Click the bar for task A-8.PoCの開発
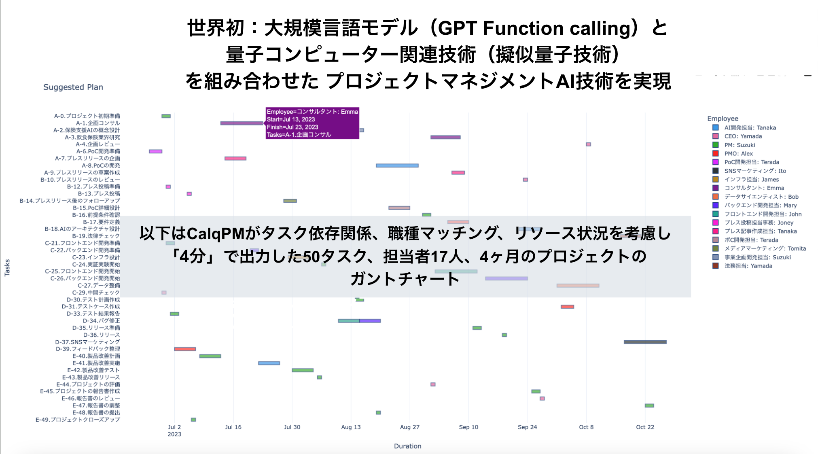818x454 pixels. [x=397, y=165]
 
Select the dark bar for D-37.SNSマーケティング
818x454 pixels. [x=645, y=342]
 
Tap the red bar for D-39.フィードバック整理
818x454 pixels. [x=185, y=349]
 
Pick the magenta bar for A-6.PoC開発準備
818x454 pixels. [x=155, y=151]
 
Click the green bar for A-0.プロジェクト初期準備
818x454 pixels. [x=166, y=116]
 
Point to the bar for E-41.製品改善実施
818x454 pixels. [x=269, y=363]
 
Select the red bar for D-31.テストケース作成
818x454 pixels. [x=567, y=307]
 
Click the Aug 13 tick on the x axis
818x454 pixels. [x=351, y=427]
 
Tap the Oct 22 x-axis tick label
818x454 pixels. [x=645, y=427]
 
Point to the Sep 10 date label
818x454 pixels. [x=468, y=427]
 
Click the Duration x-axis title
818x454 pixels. [x=407, y=446]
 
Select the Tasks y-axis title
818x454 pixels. [x=7, y=268]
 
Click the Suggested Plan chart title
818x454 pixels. [x=73, y=87]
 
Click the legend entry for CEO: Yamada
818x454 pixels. [x=743, y=136]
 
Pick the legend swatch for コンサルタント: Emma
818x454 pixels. [x=715, y=188]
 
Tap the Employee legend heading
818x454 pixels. [x=723, y=119]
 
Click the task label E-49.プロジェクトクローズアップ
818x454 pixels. [x=78, y=420]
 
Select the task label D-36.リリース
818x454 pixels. [x=102, y=335]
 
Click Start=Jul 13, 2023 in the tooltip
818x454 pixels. [x=290, y=119]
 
